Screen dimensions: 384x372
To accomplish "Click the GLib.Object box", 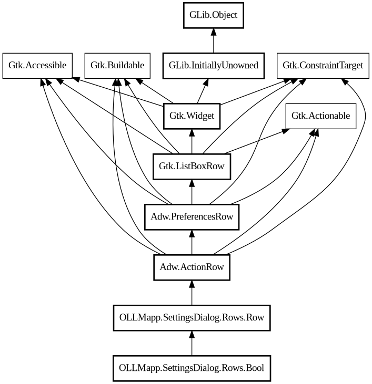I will (x=214, y=15).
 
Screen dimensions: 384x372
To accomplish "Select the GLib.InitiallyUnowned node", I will (x=213, y=66).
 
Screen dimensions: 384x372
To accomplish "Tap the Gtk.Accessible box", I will (x=37, y=66).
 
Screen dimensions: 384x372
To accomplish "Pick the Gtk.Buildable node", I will (x=117, y=66).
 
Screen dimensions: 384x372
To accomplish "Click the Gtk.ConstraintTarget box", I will (x=323, y=66).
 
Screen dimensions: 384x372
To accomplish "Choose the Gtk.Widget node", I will (x=192, y=116).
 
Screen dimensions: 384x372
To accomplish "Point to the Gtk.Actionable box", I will (x=320, y=116).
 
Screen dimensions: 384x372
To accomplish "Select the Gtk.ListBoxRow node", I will (x=192, y=167).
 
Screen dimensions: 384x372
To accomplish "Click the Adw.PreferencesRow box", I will (x=192, y=216).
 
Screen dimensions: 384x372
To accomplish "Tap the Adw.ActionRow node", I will (x=192, y=267).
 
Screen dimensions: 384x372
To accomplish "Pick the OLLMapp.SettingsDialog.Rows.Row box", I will (x=192, y=317).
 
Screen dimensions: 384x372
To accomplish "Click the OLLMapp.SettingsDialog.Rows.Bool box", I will (x=192, y=368).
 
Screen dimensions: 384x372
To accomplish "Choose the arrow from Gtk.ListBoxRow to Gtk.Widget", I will (x=192, y=141).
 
